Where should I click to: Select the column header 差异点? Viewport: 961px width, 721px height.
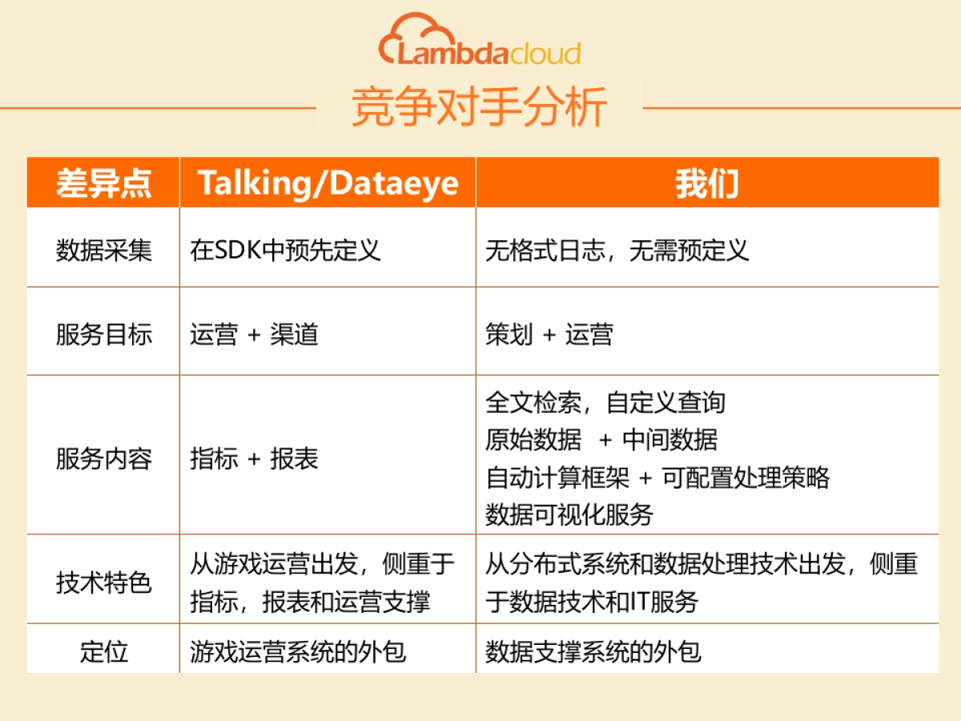103,183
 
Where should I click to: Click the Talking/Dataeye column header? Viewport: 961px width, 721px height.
328,183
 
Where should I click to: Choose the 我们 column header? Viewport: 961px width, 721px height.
706,183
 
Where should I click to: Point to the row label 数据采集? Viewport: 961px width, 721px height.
103,250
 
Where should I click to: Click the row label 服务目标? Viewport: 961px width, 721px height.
103,333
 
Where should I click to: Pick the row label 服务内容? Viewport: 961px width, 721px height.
103,458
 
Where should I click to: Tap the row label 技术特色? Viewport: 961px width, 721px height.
103,582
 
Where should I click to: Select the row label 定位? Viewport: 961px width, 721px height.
103,651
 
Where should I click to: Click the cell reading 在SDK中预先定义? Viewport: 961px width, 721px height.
285,250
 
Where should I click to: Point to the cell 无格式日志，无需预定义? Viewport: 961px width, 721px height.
617,250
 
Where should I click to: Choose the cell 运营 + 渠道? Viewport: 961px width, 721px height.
254,333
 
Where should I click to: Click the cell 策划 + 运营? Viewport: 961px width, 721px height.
549,333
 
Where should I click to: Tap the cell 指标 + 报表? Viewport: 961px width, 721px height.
254,458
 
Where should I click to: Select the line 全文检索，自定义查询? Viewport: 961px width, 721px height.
605,401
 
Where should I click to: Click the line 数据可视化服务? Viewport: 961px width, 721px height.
569,514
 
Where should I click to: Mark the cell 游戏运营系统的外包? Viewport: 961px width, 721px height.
297,651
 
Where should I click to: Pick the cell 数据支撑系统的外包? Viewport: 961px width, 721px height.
593,651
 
